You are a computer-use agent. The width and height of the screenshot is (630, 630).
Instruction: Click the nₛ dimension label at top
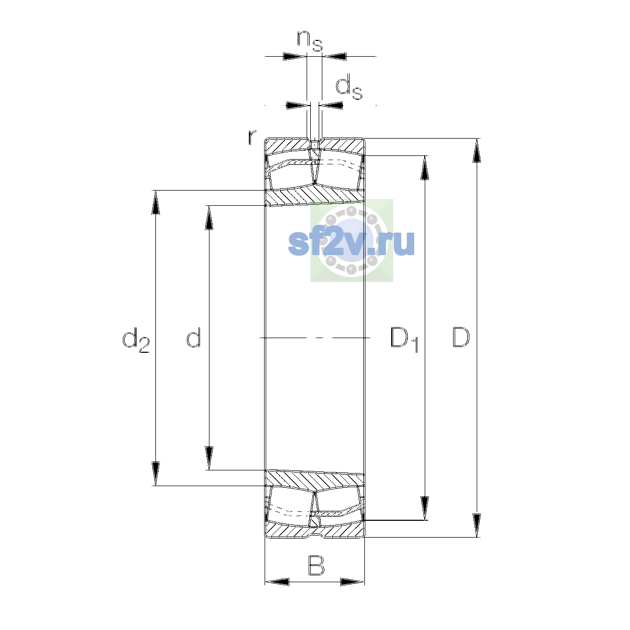pyautogui.click(x=310, y=41)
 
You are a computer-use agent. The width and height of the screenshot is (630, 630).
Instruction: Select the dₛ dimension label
pyautogui.click(x=349, y=87)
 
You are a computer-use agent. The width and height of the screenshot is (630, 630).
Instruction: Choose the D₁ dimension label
pyautogui.click(x=404, y=340)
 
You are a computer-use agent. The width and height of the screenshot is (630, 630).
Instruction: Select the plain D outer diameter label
pyautogui.click(x=460, y=337)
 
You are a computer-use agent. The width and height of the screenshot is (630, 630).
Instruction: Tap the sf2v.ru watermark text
pyautogui.click(x=351, y=243)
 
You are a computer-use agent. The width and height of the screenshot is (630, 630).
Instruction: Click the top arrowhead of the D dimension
pyautogui.click(x=477, y=150)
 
